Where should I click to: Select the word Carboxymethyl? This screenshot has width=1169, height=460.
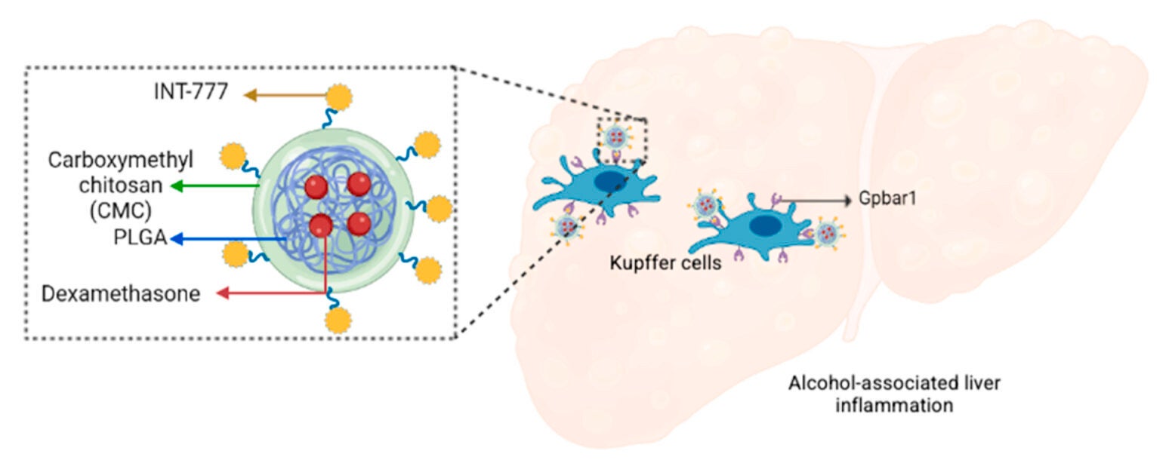click(x=121, y=160)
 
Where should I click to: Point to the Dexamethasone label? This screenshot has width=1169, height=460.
click(x=133, y=293)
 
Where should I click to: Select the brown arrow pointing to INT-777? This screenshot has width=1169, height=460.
click(x=283, y=95)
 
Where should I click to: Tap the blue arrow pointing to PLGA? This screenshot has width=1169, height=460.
click(x=227, y=239)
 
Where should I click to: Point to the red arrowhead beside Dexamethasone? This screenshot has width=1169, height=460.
click(x=222, y=293)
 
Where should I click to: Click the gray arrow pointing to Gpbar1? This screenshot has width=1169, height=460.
click(x=816, y=201)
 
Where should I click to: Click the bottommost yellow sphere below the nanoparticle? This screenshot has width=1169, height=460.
click(x=338, y=321)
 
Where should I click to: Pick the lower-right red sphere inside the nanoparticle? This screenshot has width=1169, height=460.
click(x=359, y=223)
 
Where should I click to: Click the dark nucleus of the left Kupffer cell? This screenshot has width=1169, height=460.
click(x=609, y=182)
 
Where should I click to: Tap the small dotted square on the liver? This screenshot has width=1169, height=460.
click(x=623, y=140)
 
